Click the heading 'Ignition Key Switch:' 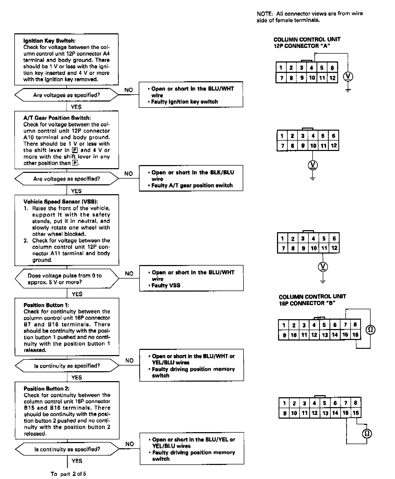click(x=49, y=41)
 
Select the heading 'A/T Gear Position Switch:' click(x=57, y=118)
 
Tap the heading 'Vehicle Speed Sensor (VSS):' click(x=61, y=202)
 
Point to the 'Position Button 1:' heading click(x=46, y=305)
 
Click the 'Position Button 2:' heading click(x=47, y=389)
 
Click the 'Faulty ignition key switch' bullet click(x=185, y=102)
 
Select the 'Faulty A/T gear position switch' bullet click(x=192, y=186)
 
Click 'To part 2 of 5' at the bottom click(x=68, y=474)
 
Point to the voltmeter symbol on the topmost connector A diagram click(x=348, y=76)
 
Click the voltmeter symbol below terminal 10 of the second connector click(x=313, y=165)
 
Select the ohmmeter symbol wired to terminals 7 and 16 click(x=370, y=330)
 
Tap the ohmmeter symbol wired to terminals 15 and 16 click(x=367, y=434)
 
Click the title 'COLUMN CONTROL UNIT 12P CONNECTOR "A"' click(x=307, y=43)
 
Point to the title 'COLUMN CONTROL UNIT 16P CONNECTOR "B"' click(x=312, y=300)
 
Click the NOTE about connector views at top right click(x=310, y=17)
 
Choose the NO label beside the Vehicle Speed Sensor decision click(x=129, y=274)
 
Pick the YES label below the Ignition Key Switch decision click(x=76, y=107)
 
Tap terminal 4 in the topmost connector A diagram click(x=312, y=68)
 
